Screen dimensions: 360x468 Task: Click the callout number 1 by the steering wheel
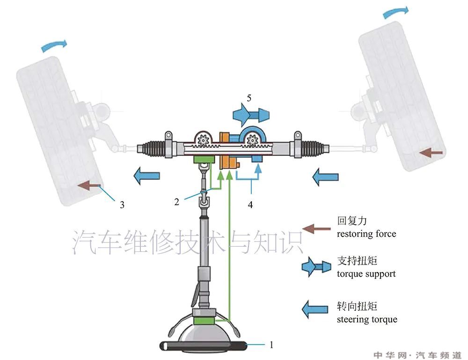(x=271, y=345)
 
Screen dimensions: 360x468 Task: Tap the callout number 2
(x=177, y=202)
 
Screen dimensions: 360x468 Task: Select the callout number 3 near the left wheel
(x=122, y=205)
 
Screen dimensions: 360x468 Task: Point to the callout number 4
(x=250, y=205)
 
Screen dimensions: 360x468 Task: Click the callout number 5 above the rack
(x=249, y=98)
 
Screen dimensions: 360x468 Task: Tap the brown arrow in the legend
(x=316, y=228)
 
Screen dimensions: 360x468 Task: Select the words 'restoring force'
(x=366, y=234)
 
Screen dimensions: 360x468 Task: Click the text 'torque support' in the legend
(x=366, y=274)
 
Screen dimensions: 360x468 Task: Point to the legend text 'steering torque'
(x=367, y=320)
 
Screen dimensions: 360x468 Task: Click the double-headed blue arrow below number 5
(x=252, y=114)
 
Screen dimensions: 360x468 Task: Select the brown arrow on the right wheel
(x=431, y=152)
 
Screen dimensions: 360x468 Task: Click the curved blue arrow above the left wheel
(x=54, y=45)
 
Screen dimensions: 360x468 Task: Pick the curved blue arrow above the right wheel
(x=395, y=11)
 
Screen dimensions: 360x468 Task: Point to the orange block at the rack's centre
(x=228, y=151)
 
